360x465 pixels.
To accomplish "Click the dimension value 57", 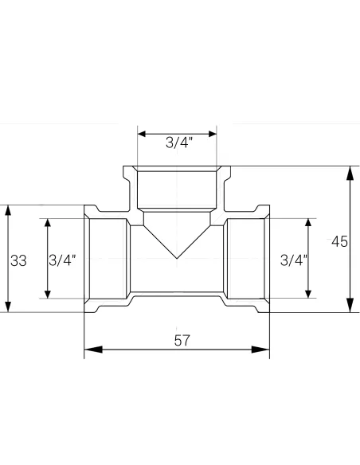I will point(182,341).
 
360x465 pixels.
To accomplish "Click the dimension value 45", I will point(340,241).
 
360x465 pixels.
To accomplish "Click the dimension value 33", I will point(18,260).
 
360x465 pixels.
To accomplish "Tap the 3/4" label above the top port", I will point(178,143).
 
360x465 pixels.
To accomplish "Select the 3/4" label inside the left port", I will point(64,260).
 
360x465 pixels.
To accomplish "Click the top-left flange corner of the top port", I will point(123,167).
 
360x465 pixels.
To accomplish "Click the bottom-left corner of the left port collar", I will point(84,312).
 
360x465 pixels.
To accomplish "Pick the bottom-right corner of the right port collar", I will point(270,312).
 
